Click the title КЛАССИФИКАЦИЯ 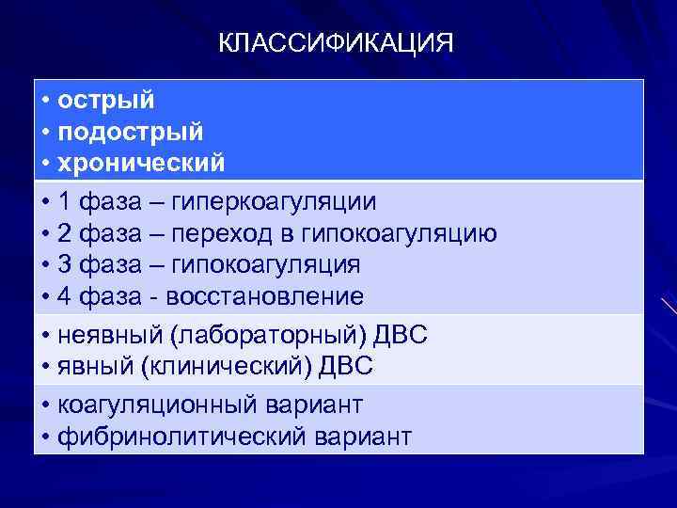tap(336, 44)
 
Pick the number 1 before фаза tap(64, 202)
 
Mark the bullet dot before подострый tap(46, 132)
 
